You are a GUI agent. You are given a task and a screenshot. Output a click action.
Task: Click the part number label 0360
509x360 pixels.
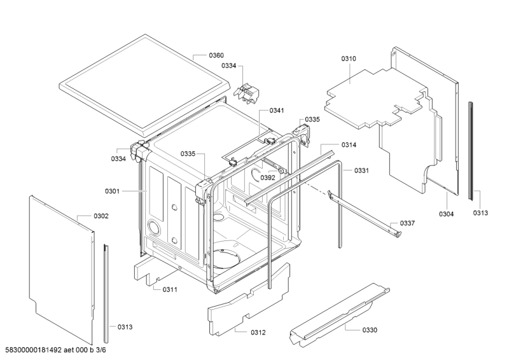pos(216,55)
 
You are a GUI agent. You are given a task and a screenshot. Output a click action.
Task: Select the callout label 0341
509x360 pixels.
pos(277,111)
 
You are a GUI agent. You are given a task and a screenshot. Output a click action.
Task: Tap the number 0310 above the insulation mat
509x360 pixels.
pos(348,59)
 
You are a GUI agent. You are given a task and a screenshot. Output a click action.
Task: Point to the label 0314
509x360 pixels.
pos(348,145)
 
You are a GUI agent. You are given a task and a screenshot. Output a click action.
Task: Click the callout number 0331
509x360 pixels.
pos(361,170)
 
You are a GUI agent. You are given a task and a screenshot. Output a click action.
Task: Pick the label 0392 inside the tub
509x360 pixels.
pos(267,178)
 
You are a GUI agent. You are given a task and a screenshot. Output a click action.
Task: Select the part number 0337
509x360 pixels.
pos(407,223)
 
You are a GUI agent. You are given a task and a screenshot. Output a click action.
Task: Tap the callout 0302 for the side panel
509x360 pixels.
pos(101,216)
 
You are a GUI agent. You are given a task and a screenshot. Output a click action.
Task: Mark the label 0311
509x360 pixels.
pos(169,289)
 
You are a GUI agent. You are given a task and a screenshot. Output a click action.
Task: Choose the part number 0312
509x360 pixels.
pos(258,333)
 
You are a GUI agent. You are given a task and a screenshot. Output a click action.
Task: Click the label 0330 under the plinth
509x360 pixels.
pos(369,329)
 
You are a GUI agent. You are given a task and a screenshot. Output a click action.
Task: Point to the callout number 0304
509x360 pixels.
pos(446,214)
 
